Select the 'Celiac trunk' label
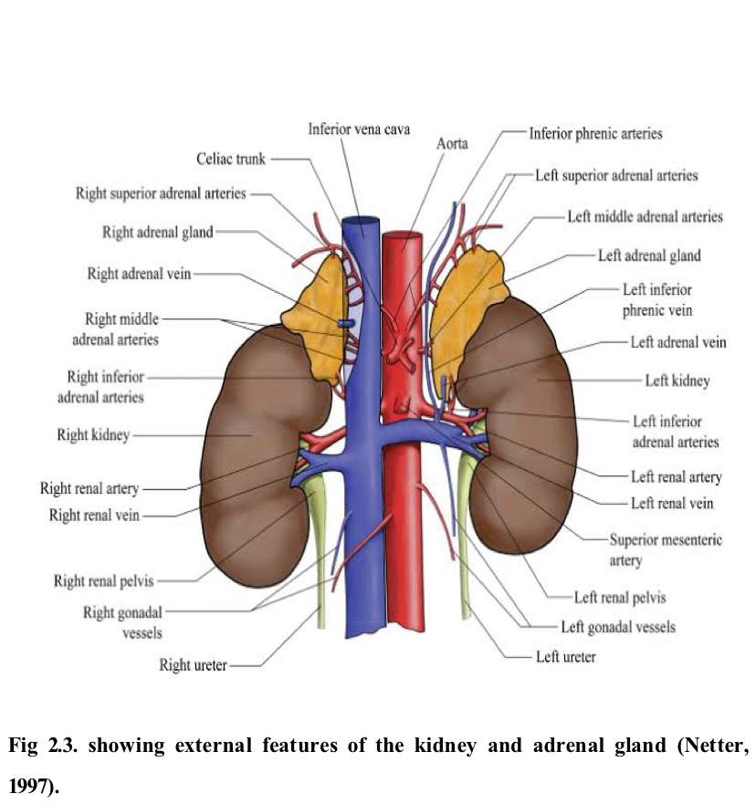click(x=231, y=159)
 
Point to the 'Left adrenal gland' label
click(x=649, y=256)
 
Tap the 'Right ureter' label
click(x=193, y=665)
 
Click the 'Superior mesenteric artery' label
click(x=665, y=549)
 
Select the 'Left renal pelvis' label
click(x=620, y=598)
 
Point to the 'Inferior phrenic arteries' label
click(x=595, y=133)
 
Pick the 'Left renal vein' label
click(x=671, y=503)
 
